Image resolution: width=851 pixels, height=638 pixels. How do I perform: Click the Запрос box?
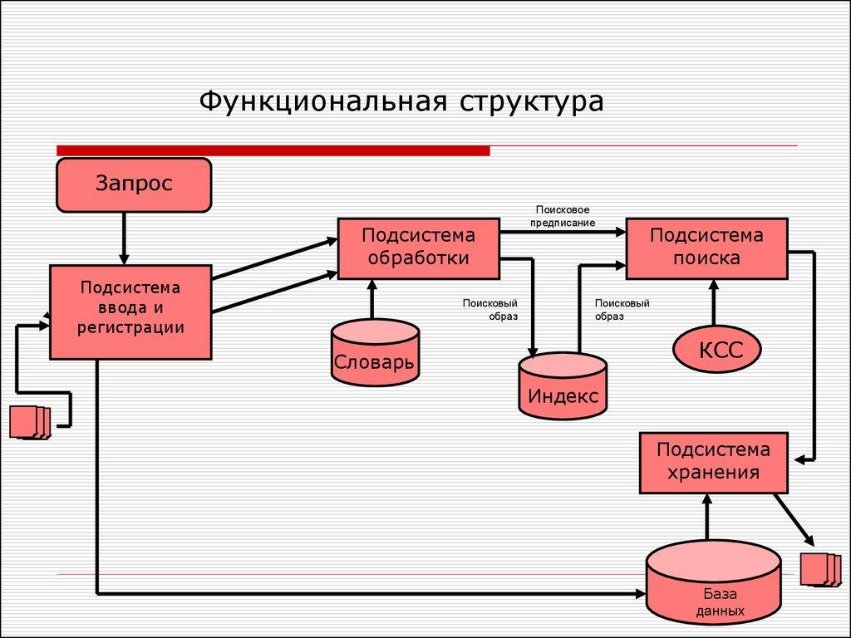click(133, 184)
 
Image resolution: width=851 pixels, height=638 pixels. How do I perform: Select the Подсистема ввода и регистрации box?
click(130, 312)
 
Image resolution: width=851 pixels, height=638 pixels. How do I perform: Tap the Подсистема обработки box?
click(418, 248)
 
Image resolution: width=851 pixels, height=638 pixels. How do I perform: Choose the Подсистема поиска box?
click(706, 248)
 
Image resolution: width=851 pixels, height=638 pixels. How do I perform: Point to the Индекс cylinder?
click(563, 386)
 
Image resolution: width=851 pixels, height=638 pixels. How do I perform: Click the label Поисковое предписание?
click(564, 217)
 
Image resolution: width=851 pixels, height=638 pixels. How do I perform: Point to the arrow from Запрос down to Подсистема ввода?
click(124, 238)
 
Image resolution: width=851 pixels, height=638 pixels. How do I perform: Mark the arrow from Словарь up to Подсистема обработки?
click(371, 299)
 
